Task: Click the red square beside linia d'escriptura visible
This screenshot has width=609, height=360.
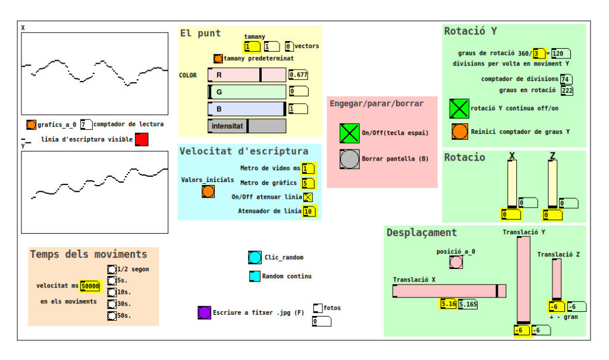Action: tap(142, 140)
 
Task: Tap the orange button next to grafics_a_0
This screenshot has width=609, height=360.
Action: tap(31, 124)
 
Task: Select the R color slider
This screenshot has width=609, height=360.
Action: tap(247, 75)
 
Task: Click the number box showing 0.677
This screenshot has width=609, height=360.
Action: tap(299, 74)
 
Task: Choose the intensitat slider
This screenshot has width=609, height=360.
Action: tap(247, 126)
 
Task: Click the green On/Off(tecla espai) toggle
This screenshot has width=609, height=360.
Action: tap(349, 133)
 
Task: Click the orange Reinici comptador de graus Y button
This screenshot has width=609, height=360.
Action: tap(460, 132)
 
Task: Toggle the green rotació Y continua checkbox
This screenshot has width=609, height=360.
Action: tap(459, 108)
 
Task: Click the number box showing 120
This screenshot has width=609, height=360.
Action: tap(560, 54)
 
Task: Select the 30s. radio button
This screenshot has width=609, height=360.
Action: tap(112, 303)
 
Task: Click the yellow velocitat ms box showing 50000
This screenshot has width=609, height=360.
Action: tap(90, 286)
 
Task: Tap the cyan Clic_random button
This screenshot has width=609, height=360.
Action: tap(255, 258)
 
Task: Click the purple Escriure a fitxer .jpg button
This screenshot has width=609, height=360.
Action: tap(205, 312)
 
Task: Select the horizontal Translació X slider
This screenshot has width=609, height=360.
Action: tap(450, 291)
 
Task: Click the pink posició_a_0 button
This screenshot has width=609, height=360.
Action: tap(456, 262)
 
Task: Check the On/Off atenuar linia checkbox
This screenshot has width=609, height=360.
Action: tap(308, 197)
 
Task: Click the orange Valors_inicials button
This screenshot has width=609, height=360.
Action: tap(208, 191)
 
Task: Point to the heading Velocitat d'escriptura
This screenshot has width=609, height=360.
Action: tap(244, 151)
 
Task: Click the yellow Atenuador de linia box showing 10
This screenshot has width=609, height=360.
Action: tap(309, 211)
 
